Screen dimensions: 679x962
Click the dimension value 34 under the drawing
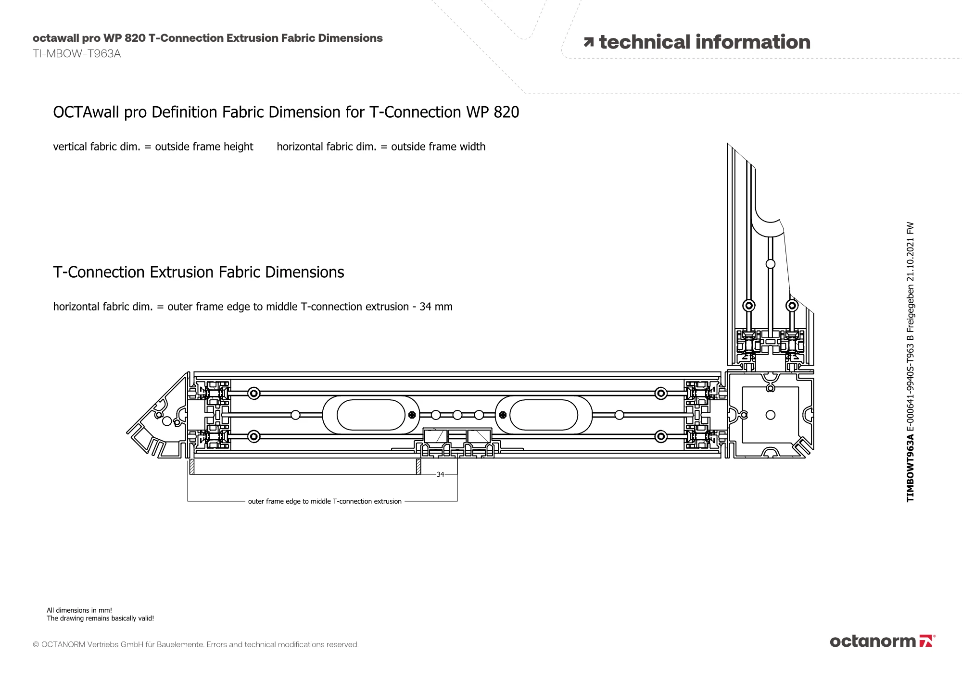tap(440, 474)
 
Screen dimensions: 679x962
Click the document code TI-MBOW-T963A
tap(76, 54)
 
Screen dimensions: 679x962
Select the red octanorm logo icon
tap(925, 641)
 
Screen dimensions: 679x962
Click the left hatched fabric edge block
tap(192, 467)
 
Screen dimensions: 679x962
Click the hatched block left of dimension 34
tap(418, 467)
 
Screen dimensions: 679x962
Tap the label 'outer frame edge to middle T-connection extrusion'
tap(325, 501)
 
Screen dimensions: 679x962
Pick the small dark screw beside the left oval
tap(412, 415)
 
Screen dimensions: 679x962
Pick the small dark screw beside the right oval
tap(503, 415)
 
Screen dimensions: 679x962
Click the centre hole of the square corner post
tap(771, 415)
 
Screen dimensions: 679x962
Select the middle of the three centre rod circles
tap(457, 415)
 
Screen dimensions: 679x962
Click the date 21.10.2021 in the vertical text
tap(910, 276)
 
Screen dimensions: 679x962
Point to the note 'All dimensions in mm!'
tap(79, 610)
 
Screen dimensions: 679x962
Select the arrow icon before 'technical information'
tap(588, 43)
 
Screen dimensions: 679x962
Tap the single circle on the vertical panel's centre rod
tap(771, 264)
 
